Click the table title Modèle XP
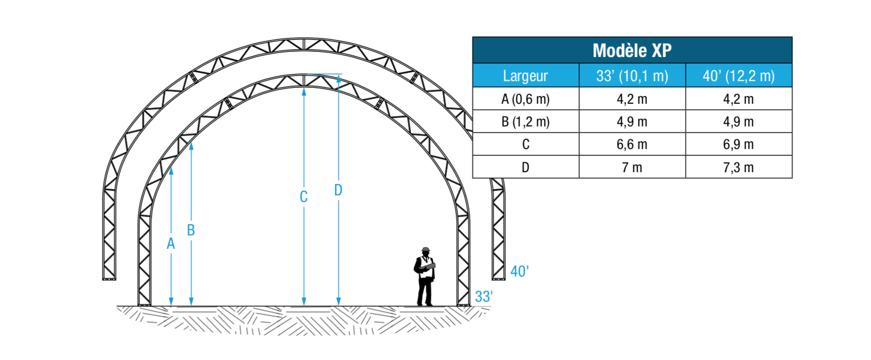point(632,50)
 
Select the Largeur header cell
point(525,76)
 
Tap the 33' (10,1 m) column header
point(632,76)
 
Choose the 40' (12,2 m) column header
point(739,76)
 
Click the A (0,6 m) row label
point(525,99)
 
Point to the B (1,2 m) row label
point(525,122)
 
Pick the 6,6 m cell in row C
point(632,145)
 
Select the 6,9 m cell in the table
point(738,145)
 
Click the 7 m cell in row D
point(632,168)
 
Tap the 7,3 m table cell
point(738,168)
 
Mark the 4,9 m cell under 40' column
point(738,122)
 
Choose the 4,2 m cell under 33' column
point(632,99)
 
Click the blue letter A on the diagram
point(171,244)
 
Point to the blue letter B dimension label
point(191,230)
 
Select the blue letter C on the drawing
point(304,197)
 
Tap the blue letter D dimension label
point(338,190)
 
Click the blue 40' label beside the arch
point(519,272)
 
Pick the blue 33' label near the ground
point(484,297)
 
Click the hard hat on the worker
point(426,249)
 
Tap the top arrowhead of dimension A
point(171,170)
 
